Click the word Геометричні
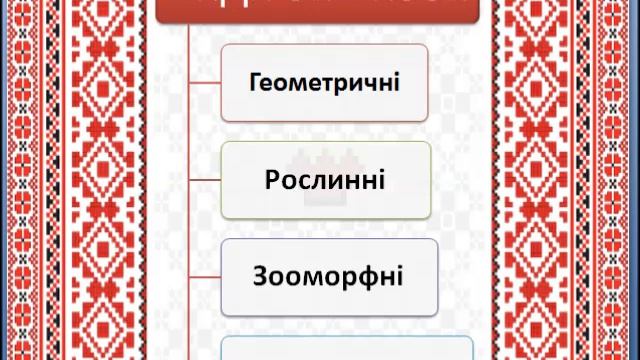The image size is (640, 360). click(324, 82)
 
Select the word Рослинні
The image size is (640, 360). click(325, 180)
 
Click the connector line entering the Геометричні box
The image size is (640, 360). click(204, 83)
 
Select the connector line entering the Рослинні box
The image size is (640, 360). click(204, 180)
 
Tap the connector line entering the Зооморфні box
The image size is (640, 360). click(204, 276)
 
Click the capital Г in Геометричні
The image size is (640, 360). click(256, 82)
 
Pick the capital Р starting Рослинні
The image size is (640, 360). click(273, 180)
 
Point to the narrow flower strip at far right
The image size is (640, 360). click(626, 180)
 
